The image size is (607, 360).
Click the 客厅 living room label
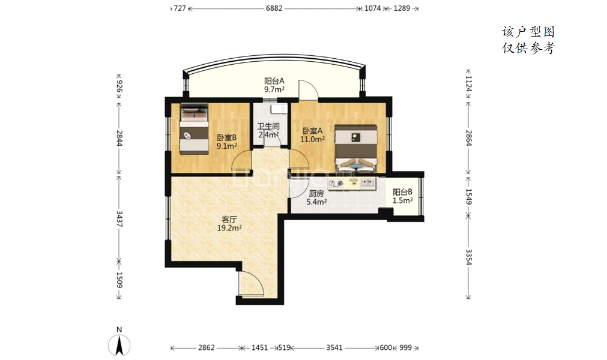tap(229, 220)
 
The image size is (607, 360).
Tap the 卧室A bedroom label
tap(312, 131)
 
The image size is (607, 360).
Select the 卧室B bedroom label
tap(226, 137)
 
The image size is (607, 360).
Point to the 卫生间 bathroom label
tap(268, 127)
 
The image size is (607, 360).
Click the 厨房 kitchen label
tap(316, 193)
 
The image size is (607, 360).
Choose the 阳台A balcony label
tap(274, 81)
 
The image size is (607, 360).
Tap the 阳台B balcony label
tap(403, 192)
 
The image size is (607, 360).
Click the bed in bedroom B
tap(194, 129)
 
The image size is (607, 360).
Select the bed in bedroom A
tap(356, 148)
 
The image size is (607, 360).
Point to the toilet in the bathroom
tap(279, 109)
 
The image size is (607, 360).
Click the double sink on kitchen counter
tap(368, 183)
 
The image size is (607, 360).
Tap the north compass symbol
tap(119, 342)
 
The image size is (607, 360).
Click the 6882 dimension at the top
tap(274, 8)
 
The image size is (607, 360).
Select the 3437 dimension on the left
tap(119, 219)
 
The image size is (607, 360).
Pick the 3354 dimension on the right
tap(468, 257)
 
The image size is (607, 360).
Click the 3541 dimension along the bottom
tap(334, 347)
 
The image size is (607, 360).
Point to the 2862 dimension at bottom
tap(207, 347)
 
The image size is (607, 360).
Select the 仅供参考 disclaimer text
tap(528, 48)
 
